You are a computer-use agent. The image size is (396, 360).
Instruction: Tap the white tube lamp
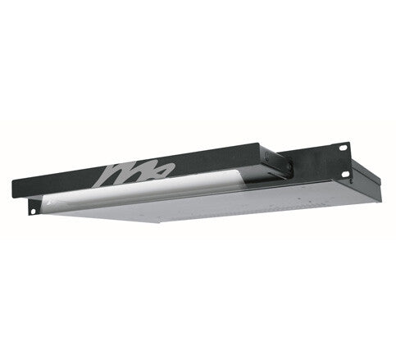coord(148,191)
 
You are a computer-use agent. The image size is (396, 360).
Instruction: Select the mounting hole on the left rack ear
coord(33,210)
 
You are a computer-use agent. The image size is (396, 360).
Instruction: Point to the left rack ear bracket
coord(34,207)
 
